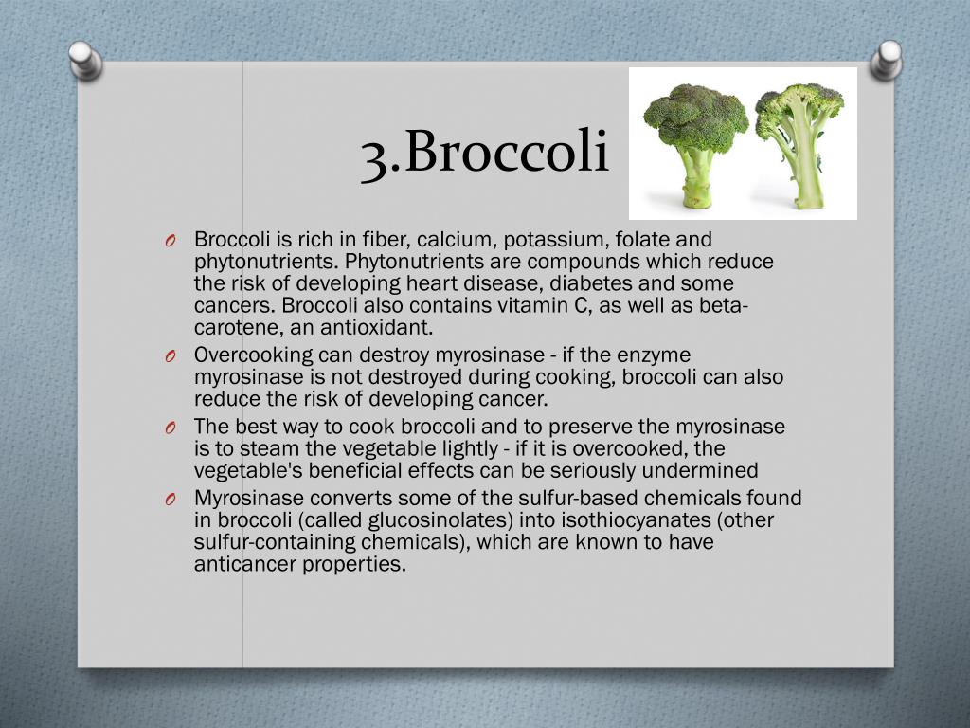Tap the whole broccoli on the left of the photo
[x=695, y=137]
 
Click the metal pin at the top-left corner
[x=86, y=60]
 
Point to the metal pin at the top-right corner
[x=888, y=58]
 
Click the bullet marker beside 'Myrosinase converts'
[x=169, y=500]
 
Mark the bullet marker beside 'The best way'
[x=169, y=428]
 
